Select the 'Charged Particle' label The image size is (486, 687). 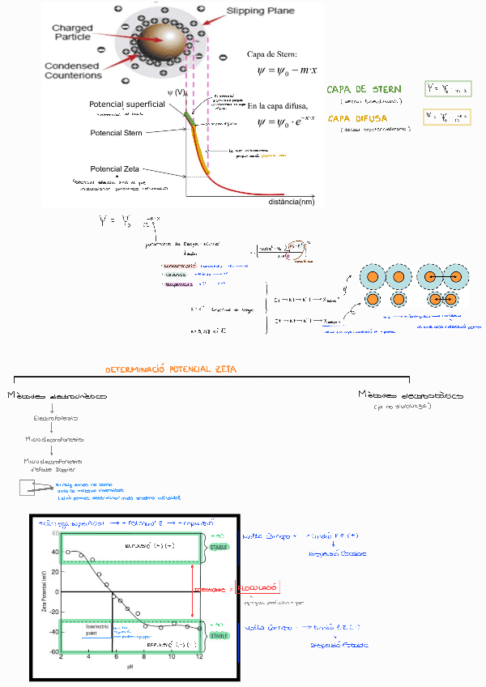click(x=72, y=33)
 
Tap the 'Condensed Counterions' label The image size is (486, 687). click(x=73, y=70)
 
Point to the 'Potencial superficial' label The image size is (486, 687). click(x=127, y=105)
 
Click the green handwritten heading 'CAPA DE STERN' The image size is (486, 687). click(x=364, y=89)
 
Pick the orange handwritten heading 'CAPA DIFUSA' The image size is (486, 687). click(x=357, y=118)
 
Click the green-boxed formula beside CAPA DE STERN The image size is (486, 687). click(x=448, y=88)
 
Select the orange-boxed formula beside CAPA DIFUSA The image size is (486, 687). click(x=448, y=117)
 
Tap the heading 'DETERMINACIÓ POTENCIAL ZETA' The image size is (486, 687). click(x=170, y=369)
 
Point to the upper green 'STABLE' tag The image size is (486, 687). click(x=220, y=547)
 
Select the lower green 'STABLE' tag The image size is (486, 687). click(x=220, y=636)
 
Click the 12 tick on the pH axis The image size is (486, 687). click(x=199, y=658)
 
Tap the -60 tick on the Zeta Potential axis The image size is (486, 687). click(x=55, y=651)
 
